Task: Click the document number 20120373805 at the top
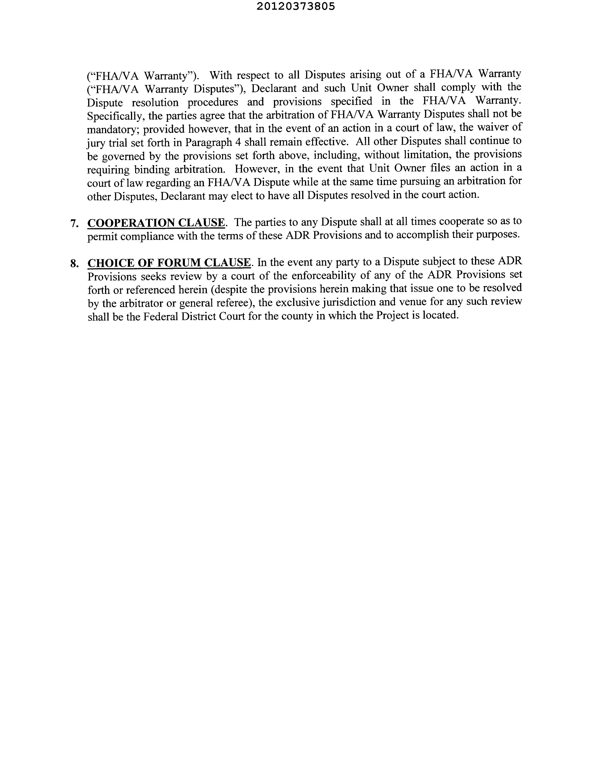(295, 6)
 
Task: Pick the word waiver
(485, 127)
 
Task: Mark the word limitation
(424, 154)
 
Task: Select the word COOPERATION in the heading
(130, 223)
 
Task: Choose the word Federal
(163, 316)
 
